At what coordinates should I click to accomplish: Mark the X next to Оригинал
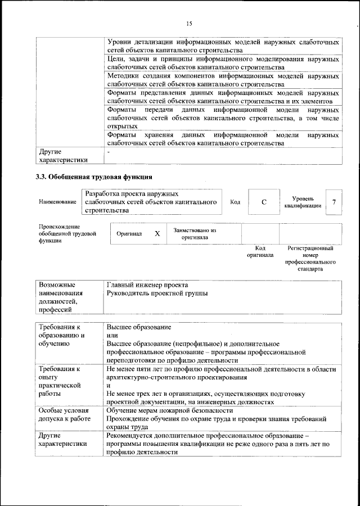tap(157, 233)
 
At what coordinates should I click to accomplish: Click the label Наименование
tap(58, 202)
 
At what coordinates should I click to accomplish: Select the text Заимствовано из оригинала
tap(195, 233)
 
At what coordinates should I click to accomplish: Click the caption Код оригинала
tap(260, 251)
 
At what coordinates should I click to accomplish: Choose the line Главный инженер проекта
tap(147, 284)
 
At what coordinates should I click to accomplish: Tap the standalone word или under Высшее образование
tap(112, 335)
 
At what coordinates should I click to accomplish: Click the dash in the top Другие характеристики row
tap(109, 151)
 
